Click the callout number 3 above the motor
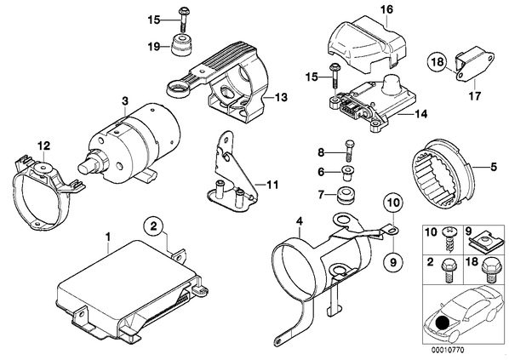(125, 101)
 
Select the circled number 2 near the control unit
(153, 226)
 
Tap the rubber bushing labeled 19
(181, 45)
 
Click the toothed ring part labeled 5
(438, 175)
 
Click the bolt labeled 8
(349, 151)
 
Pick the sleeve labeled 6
(348, 173)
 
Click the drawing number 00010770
(448, 350)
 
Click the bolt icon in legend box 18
(487, 271)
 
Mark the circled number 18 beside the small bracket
(437, 61)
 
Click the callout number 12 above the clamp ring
(44, 146)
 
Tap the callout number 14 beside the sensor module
(420, 113)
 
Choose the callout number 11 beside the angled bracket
(272, 185)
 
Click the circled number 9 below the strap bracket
(393, 261)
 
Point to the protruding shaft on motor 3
(87, 164)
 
